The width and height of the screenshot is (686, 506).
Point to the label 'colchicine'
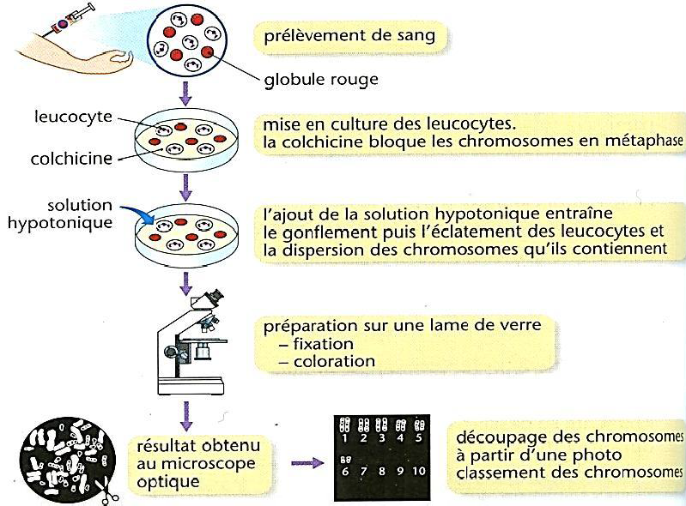(74, 159)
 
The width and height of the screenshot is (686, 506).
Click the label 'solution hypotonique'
(79, 214)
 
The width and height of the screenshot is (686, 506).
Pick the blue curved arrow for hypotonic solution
(138, 215)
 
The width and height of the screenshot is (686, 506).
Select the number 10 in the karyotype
(418, 472)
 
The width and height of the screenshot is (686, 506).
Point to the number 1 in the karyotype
(344, 438)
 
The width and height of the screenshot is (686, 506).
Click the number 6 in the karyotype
(344, 472)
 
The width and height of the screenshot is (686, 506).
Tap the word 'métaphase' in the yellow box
(643, 142)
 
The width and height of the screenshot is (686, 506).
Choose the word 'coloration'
(334, 361)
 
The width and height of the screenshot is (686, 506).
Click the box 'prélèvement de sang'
(350, 37)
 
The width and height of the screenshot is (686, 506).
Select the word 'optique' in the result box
(168, 482)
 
